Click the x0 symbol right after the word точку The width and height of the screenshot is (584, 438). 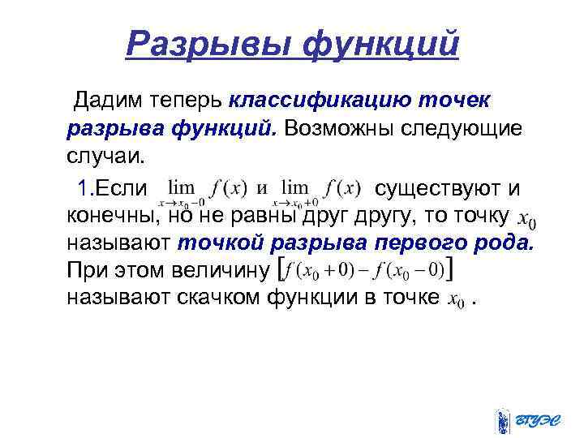[526, 219]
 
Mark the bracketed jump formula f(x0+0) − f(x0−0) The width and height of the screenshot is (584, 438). [365, 268]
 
